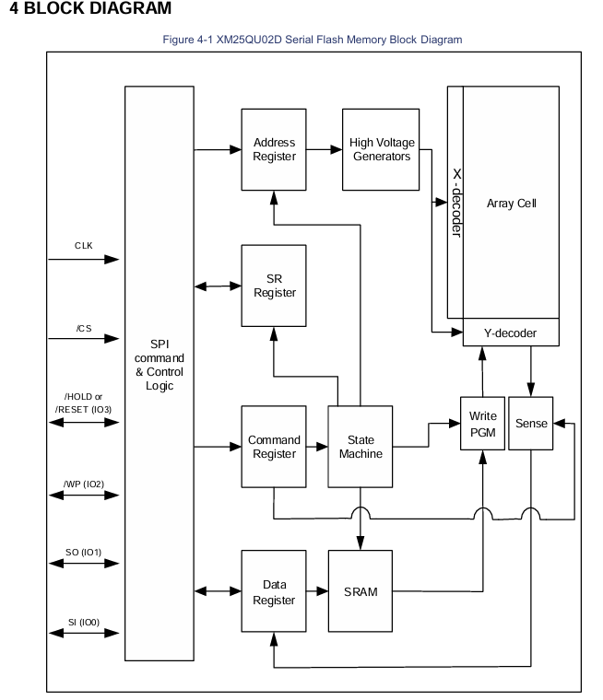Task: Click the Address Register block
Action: point(274,149)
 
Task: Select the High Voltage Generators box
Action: point(381,149)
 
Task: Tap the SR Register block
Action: point(274,286)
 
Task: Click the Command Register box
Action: point(274,447)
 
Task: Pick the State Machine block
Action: point(361,447)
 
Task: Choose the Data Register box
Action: point(274,591)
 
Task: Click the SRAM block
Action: point(361,591)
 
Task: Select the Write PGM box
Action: point(483,423)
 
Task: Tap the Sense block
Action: point(531,423)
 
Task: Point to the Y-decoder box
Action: point(511,332)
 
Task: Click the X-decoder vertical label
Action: point(456,203)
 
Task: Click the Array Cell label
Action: point(512,204)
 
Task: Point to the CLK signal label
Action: point(84,246)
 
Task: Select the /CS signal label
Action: point(84,329)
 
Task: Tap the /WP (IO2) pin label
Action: point(84,484)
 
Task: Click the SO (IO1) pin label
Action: point(84,553)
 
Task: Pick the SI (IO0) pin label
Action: point(84,623)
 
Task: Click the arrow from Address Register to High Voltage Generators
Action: point(325,149)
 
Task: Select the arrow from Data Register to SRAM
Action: point(317,591)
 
